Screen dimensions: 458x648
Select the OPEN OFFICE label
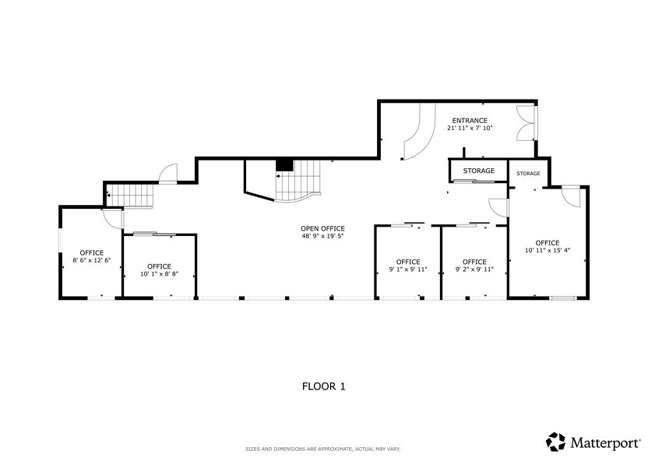coord(322,228)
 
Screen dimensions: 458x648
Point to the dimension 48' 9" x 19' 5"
coord(322,237)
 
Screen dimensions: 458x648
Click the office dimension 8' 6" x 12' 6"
coord(92,260)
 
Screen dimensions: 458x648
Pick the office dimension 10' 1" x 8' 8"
coord(159,274)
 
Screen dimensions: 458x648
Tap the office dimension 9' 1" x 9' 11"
coord(408,270)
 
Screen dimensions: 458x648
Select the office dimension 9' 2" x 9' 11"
coord(474,270)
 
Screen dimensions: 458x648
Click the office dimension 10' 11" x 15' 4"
coord(548,250)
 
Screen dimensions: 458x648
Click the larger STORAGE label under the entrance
coord(479,171)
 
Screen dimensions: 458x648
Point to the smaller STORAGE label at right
coord(529,174)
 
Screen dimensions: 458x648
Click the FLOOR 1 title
coord(323,386)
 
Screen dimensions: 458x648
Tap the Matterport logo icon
coord(555,442)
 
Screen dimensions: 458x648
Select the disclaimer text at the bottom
coord(323,449)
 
